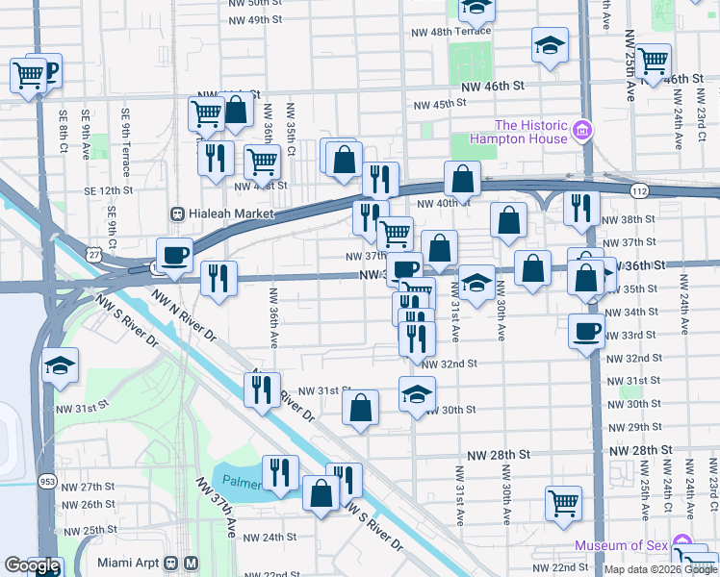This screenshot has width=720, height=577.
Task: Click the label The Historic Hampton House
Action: [x=531, y=132]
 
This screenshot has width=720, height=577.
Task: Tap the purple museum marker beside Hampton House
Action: [x=581, y=130]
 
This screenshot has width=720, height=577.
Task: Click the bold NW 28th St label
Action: [x=500, y=452]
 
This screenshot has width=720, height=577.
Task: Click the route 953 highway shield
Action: [x=45, y=480]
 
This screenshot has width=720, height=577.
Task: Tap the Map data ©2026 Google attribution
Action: [x=660, y=569]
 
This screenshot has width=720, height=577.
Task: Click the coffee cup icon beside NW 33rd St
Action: [x=587, y=333]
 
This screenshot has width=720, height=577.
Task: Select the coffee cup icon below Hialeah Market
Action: [x=174, y=255]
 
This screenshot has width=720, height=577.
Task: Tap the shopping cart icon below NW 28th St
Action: [x=563, y=502]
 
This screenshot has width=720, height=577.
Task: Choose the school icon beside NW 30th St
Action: [x=417, y=394]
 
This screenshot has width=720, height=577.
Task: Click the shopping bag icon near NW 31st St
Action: [x=360, y=408]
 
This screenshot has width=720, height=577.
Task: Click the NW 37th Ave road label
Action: [x=218, y=508]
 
